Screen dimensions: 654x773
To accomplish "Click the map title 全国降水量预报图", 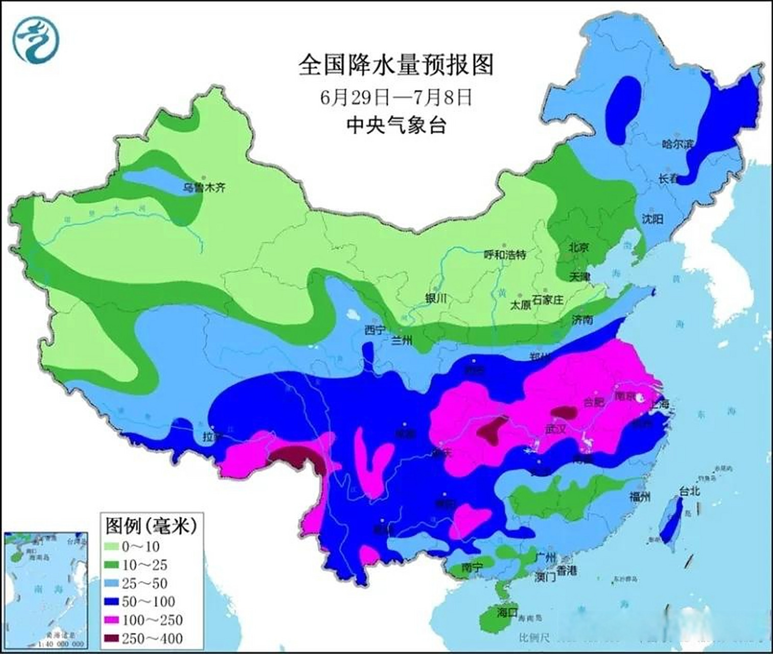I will point(396,65).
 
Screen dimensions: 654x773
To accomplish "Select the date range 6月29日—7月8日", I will point(396,97).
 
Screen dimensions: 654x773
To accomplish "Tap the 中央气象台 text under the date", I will point(396,125).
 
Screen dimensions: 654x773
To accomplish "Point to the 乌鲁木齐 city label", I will point(204,188).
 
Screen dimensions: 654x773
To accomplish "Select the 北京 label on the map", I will point(579,247).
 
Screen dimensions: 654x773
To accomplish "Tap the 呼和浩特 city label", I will point(505,254).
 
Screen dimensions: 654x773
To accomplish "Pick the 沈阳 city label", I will point(652,219).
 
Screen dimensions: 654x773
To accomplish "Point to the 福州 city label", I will point(640,496).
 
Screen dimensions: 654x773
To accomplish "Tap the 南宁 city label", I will point(472,568).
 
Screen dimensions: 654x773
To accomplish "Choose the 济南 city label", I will point(582,320).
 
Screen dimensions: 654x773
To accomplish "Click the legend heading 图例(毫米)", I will point(151,525).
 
